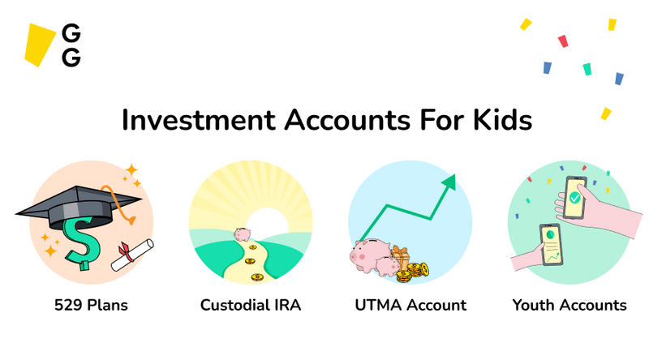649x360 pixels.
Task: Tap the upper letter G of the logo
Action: tap(71, 34)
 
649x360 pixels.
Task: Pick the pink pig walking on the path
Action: tap(243, 234)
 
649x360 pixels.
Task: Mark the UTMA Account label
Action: tap(410, 306)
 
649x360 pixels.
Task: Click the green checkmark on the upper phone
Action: tap(574, 198)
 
